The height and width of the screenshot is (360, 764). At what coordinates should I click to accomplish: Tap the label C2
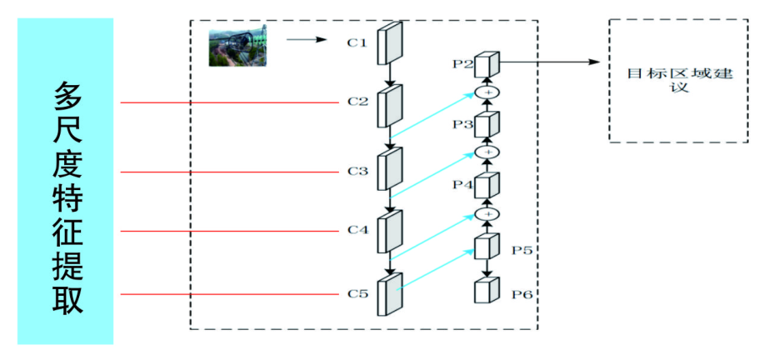(357, 102)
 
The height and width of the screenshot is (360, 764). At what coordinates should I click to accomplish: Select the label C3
(357, 171)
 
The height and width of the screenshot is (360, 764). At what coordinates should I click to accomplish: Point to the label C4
(357, 230)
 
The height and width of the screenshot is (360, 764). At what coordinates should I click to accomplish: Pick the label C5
(357, 293)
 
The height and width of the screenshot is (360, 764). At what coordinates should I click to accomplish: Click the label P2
(463, 62)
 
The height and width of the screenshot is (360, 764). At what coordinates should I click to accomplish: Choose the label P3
(463, 124)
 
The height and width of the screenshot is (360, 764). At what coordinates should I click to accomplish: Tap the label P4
(463, 184)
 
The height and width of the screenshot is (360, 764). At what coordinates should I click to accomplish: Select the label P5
(522, 248)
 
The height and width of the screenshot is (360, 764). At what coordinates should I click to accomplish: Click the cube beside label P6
(487, 292)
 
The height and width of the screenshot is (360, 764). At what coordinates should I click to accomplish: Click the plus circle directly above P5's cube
(487, 213)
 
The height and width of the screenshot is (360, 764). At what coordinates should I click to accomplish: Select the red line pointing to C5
(233, 293)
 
